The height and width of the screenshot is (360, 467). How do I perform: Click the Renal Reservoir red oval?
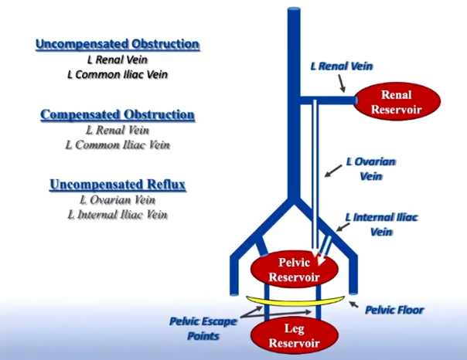point(397,101)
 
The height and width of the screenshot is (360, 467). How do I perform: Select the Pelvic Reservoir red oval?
point(295,270)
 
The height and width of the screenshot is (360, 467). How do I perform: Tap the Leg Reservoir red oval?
point(295,335)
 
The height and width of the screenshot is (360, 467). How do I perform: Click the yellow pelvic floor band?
point(295,301)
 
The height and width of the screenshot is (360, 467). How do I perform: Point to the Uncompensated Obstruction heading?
point(118,44)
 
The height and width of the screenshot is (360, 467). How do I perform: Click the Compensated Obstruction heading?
point(118,114)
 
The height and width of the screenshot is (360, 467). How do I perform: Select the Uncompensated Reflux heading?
point(118,185)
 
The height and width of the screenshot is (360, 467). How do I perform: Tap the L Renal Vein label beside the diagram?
point(341,66)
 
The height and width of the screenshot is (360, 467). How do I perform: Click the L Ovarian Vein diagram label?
point(371,168)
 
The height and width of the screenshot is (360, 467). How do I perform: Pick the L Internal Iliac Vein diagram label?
point(381,224)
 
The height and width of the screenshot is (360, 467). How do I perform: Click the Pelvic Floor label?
point(394,310)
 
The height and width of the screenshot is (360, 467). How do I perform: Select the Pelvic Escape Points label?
point(203,328)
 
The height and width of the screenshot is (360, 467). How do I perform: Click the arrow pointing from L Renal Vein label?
point(342,83)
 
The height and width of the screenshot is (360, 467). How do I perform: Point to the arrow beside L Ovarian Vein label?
point(333,171)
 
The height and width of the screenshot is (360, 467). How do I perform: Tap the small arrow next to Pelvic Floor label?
point(354,304)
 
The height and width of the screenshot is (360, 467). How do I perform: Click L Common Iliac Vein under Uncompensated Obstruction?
point(118,74)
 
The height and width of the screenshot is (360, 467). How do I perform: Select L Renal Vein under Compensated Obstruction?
point(118,131)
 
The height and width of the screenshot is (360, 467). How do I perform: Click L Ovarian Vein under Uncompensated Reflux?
point(118,200)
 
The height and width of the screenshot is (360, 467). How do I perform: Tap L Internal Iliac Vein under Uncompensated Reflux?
point(118,215)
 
